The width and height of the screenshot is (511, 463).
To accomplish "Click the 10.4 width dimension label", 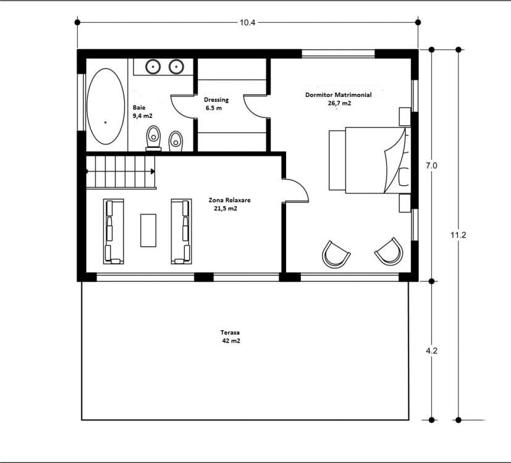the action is [x=247, y=22].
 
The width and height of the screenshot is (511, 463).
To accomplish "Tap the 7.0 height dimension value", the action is [x=431, y=165].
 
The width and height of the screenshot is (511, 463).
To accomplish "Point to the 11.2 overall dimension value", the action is [x=458, y=235].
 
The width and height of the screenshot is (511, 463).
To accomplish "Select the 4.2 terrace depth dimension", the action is [x=431, y=351].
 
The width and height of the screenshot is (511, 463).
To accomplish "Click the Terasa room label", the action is [x=230, y=333].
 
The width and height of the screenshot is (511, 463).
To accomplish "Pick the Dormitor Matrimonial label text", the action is [x=338, y=94].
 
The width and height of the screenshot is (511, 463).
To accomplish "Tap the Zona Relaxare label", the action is [x=229, y=200].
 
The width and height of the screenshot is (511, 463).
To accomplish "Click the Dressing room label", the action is [x=216, y=100].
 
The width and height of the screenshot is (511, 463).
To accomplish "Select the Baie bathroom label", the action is [x=139, y=107].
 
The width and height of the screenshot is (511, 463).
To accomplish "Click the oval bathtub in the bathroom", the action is [x=106, y=106].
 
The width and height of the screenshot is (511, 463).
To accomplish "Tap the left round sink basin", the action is [x=153, y=67].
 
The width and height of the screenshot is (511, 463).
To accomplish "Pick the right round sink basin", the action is [x=176, y=67].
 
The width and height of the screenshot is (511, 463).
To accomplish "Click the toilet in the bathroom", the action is [x=153, y=138].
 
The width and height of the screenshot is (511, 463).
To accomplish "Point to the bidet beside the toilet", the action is [x=175, y=141].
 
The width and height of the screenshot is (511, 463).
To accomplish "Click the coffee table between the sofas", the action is [x=148, y=230].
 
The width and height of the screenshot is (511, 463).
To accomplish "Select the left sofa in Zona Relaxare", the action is [x=114, y=231].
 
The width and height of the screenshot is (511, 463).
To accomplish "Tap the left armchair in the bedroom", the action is [x=336, y=254].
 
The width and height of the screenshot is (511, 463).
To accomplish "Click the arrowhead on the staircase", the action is [x=153, y=171].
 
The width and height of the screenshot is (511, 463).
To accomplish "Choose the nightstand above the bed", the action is [x=405, y=117].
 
